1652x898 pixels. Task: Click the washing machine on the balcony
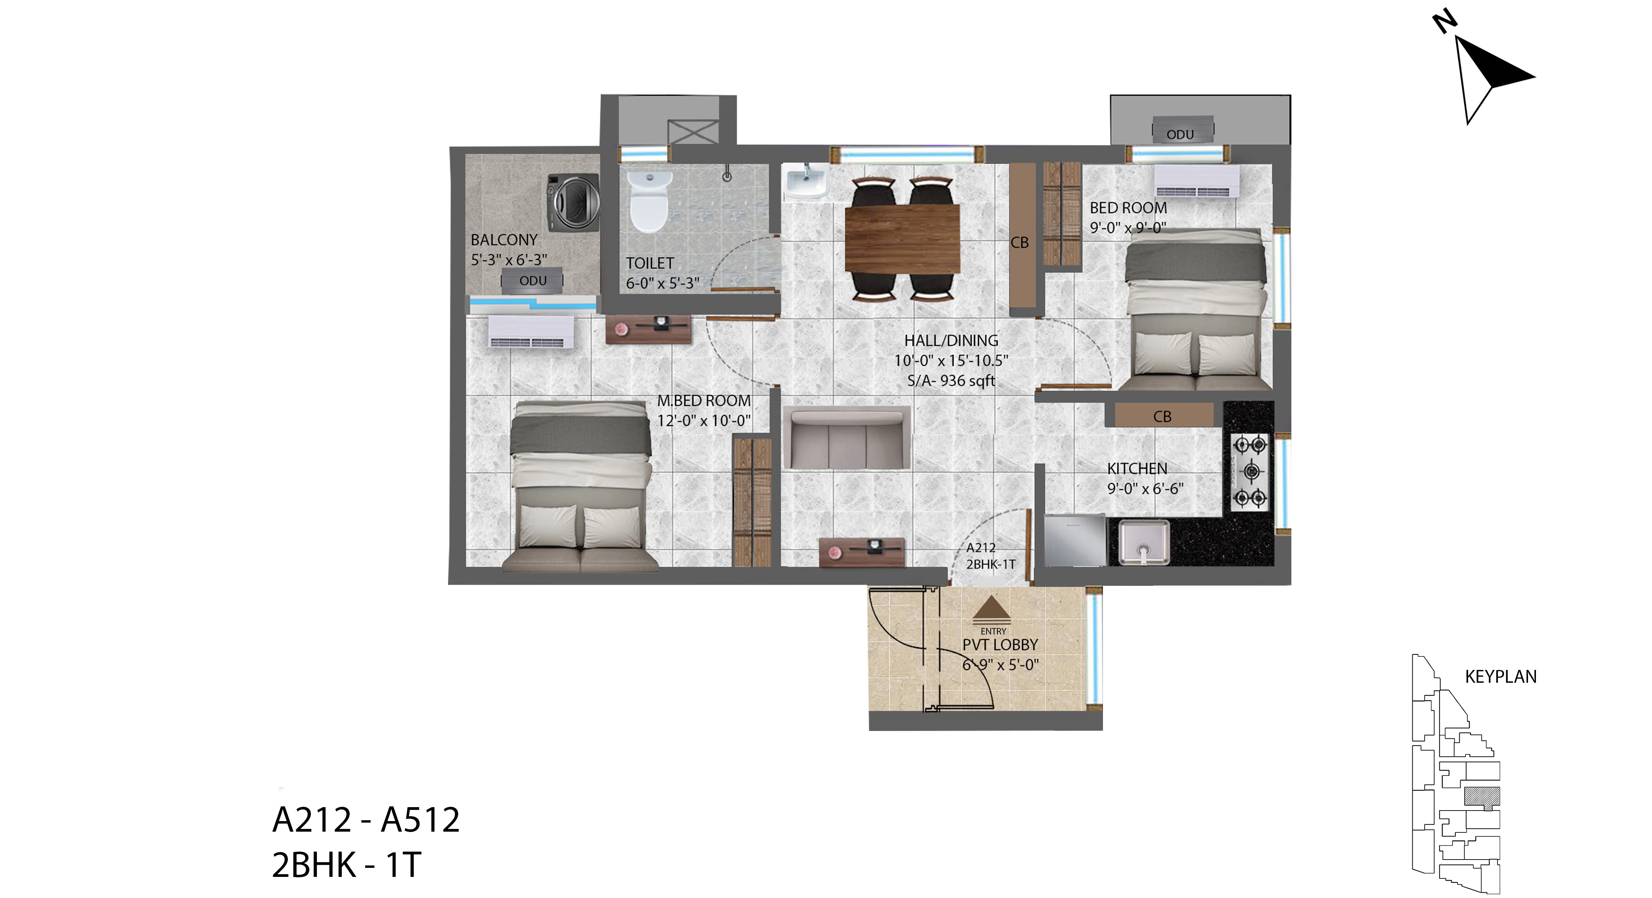pos(573,203)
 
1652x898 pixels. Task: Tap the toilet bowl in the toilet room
pos(650,201)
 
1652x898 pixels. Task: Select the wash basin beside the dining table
pos(806,181)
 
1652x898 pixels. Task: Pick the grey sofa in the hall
pos(846,437)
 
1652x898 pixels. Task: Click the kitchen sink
pos(1144,542)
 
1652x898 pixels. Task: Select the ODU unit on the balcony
pos(532,281)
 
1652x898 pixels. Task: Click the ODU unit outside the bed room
pos(1182,131)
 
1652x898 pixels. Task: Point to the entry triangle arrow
pos(991,609)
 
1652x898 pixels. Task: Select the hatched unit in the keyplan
pos(1482,797)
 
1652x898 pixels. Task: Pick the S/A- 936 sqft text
pos(951,381)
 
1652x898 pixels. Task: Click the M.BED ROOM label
pos(704,401)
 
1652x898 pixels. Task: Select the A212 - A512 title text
pos(366,820)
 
